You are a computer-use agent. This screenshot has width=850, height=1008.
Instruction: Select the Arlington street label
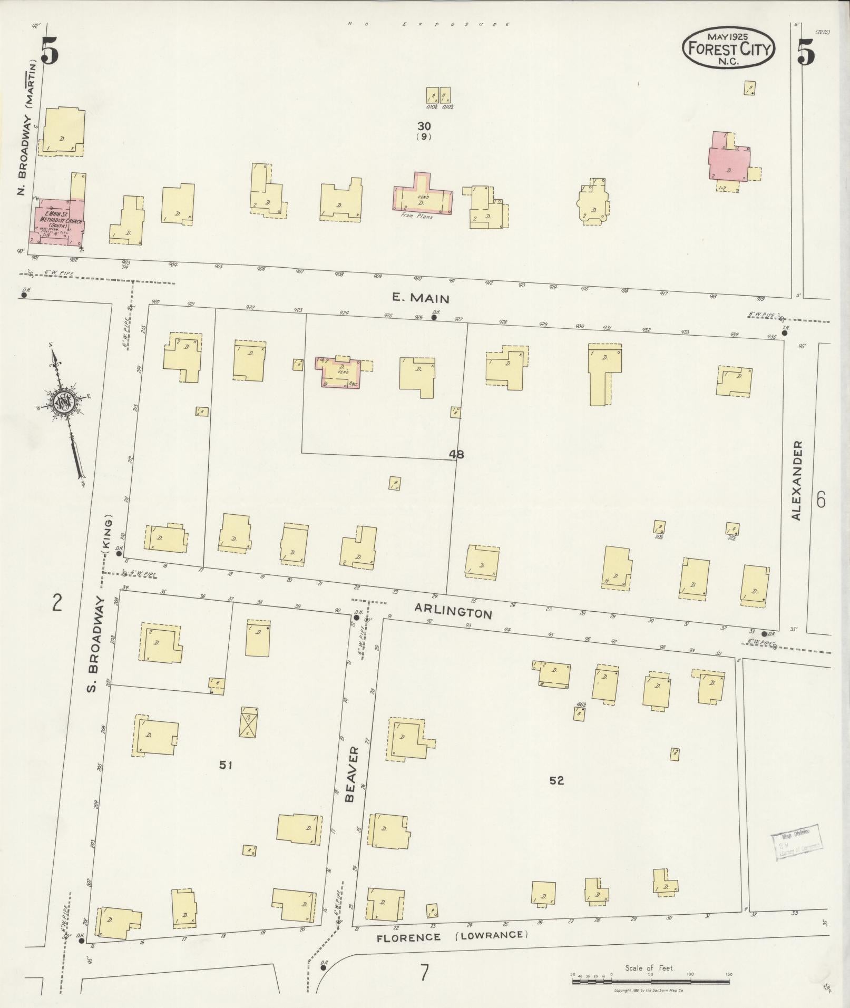[453, 611]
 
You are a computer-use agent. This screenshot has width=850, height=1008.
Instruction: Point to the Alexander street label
[796, 481]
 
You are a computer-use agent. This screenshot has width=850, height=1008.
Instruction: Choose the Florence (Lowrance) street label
[452, 936]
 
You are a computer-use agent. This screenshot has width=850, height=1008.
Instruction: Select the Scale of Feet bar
[650, 975]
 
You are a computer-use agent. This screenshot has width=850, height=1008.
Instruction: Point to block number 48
[456, 454]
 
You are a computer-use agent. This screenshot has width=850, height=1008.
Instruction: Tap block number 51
[226, 765]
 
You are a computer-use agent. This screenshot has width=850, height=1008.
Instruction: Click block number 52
[556, 780]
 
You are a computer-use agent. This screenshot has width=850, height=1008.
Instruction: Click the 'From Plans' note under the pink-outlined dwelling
[416, 216]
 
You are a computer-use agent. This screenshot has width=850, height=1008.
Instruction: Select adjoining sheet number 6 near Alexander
[820, 499]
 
